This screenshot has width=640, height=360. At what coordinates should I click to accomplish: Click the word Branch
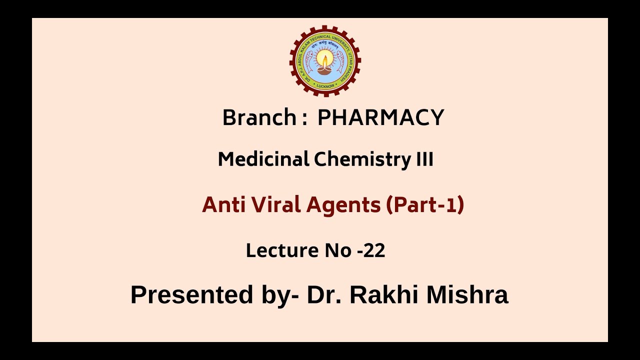[x=259, y=118]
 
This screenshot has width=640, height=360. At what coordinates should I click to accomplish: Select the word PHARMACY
[x=380, y=118]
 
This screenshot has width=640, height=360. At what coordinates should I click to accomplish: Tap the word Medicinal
[x=263, y=159]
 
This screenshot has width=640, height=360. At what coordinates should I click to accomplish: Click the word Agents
[x=343, y=205]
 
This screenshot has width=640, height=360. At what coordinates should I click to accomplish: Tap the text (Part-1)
[x=425, y=204]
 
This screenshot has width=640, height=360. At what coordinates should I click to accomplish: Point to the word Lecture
[x=282, y=250]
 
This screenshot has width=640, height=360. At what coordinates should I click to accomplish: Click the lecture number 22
[x=374, y=250]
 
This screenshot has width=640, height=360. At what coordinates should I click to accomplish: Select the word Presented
[x=191, y=294]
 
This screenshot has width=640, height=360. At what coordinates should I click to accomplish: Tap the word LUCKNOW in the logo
[x=325, y=86]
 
